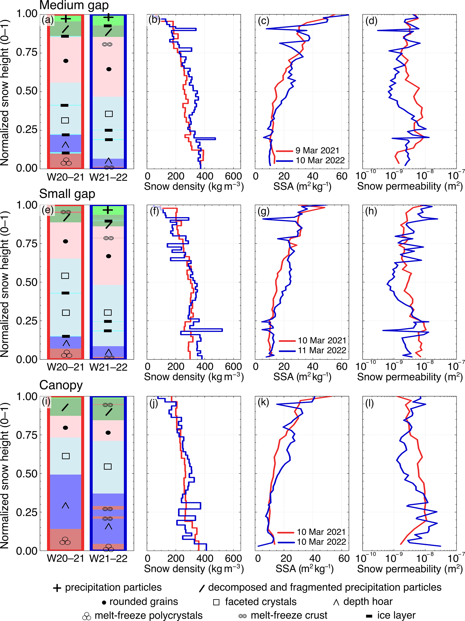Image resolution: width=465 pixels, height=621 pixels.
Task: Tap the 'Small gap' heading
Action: point(67,194)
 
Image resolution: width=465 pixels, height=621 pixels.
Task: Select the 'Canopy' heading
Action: point(61,385)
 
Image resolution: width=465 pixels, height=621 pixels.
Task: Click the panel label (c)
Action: point(264,21)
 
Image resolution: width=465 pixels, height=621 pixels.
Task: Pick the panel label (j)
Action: point(153,403)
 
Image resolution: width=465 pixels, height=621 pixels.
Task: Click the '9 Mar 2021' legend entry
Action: point(317,151)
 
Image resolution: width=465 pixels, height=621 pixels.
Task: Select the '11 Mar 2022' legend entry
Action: point(322,350)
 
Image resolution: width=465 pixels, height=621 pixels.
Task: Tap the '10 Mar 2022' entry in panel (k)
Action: point(321,542)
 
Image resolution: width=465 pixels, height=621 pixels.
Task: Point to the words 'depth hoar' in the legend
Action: point(368,602)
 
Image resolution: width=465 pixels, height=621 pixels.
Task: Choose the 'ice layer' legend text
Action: point(396,615)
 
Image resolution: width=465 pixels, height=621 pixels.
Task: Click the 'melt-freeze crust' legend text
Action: point(289,615)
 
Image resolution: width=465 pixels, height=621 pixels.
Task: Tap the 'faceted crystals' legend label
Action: point(261,602)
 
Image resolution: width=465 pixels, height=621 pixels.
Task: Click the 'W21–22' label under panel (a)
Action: point(108,177)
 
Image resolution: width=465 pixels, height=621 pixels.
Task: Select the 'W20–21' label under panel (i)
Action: point(65,558)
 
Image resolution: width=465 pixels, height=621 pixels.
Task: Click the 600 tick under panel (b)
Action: point(233,176)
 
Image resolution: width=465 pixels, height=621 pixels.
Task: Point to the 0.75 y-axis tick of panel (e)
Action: point(27,244)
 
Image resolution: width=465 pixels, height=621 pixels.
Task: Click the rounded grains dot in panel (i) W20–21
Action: point(65,428)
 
